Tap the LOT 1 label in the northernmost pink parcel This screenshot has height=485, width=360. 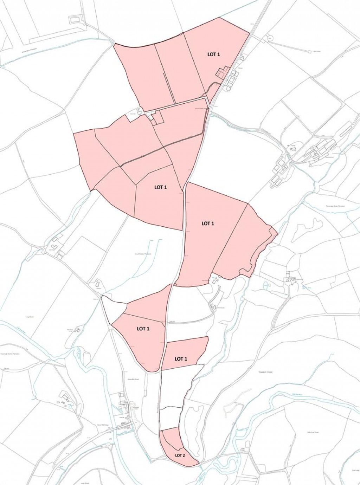[x=213, y=54]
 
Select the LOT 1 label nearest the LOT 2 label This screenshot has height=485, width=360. [x=181, y=359]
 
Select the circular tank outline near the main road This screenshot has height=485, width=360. [x=270, y=37]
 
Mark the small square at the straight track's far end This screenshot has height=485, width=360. [x=310, y=52]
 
